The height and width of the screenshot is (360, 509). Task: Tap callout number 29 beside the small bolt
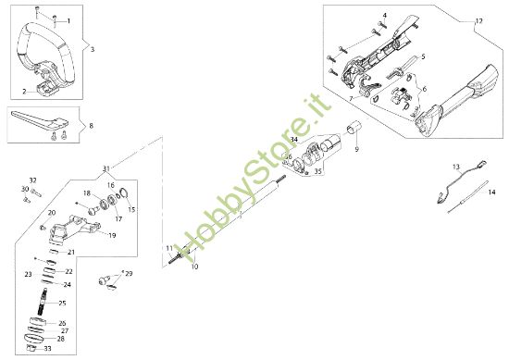(129, 274)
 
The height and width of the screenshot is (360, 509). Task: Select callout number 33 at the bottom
(47, 349)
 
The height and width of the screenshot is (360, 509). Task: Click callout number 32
(32, 180)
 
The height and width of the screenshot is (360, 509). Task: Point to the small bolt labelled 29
(112, 275)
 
